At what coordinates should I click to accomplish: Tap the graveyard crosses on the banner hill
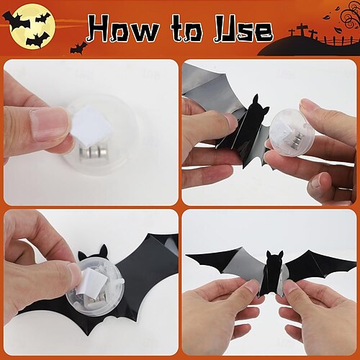pyautogui.click(x=302, y=31)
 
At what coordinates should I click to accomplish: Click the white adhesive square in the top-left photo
pyautogui.click(x=92, y=126)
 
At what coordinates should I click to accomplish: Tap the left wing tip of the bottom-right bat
pyautogui.click(x=189, y=256)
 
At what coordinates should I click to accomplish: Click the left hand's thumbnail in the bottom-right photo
pyautogui.click(x=247, y=290)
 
